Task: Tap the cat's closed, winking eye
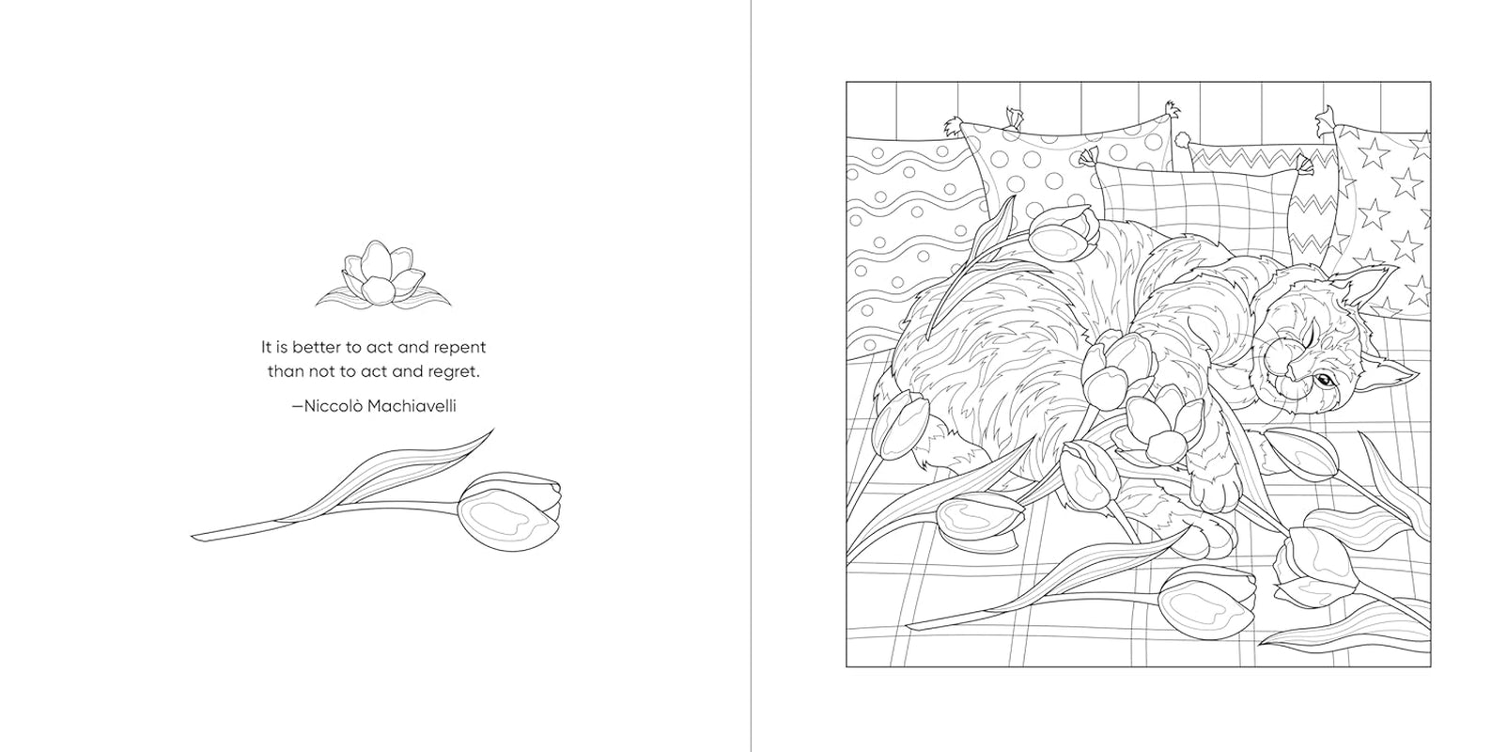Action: pyautogui.click(x=1283, y=338)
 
